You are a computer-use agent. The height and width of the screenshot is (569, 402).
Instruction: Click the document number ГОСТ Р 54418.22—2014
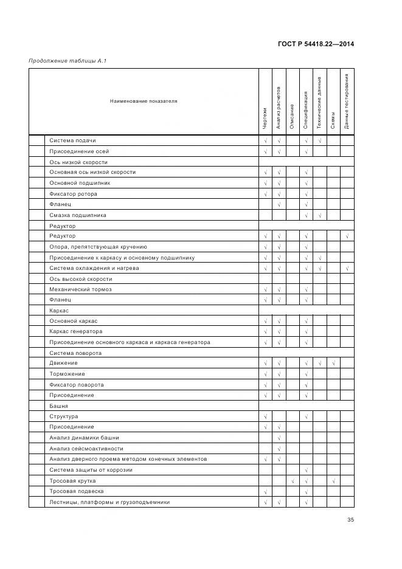click(x=316, y=44)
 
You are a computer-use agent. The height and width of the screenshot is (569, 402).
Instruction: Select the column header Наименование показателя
click(x=144, y=101)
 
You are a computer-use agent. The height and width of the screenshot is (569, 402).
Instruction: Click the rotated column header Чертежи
click(x=265, y=118)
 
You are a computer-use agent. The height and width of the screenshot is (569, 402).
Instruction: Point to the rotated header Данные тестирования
click(x=347, y=101)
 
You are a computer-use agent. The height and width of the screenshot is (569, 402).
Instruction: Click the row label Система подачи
click(x=72, y=140)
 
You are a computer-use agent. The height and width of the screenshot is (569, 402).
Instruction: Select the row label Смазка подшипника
click(x=78, y=215)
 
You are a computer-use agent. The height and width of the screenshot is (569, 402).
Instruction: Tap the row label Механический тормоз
click(x=80, y=289)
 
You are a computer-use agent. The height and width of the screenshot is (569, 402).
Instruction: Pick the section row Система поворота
click(x=75, y=353)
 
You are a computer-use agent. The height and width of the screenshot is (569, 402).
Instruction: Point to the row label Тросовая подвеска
click(x=77, y=491)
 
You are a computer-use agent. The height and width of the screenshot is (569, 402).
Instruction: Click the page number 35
click(x=350, y=520)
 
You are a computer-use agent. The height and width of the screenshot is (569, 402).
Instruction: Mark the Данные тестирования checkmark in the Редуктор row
click(x=347, y=236)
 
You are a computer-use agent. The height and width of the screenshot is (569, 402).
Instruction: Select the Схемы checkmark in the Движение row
click(x=333, y=363)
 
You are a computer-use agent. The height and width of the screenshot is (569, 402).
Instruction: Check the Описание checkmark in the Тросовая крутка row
click(x=293, y=481)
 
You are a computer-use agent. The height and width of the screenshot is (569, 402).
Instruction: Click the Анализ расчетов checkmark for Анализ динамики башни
click(x=279, y=438)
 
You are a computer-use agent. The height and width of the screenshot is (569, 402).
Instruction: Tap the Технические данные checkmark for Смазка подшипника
click(x=319, y=215)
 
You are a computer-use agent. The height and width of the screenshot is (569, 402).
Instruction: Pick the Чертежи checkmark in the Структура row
click(x=265, y=416)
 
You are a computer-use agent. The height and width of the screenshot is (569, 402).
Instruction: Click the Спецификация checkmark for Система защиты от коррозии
click(x=306, y=470)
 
